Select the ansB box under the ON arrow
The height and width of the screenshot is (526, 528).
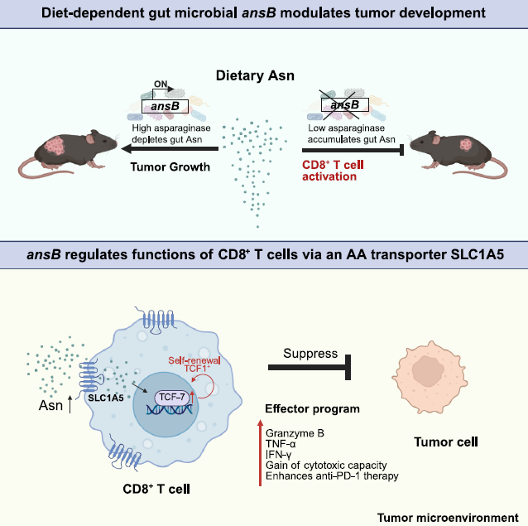163,106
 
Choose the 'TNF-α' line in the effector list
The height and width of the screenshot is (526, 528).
281,443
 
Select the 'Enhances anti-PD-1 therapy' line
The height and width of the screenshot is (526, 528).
326,476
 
